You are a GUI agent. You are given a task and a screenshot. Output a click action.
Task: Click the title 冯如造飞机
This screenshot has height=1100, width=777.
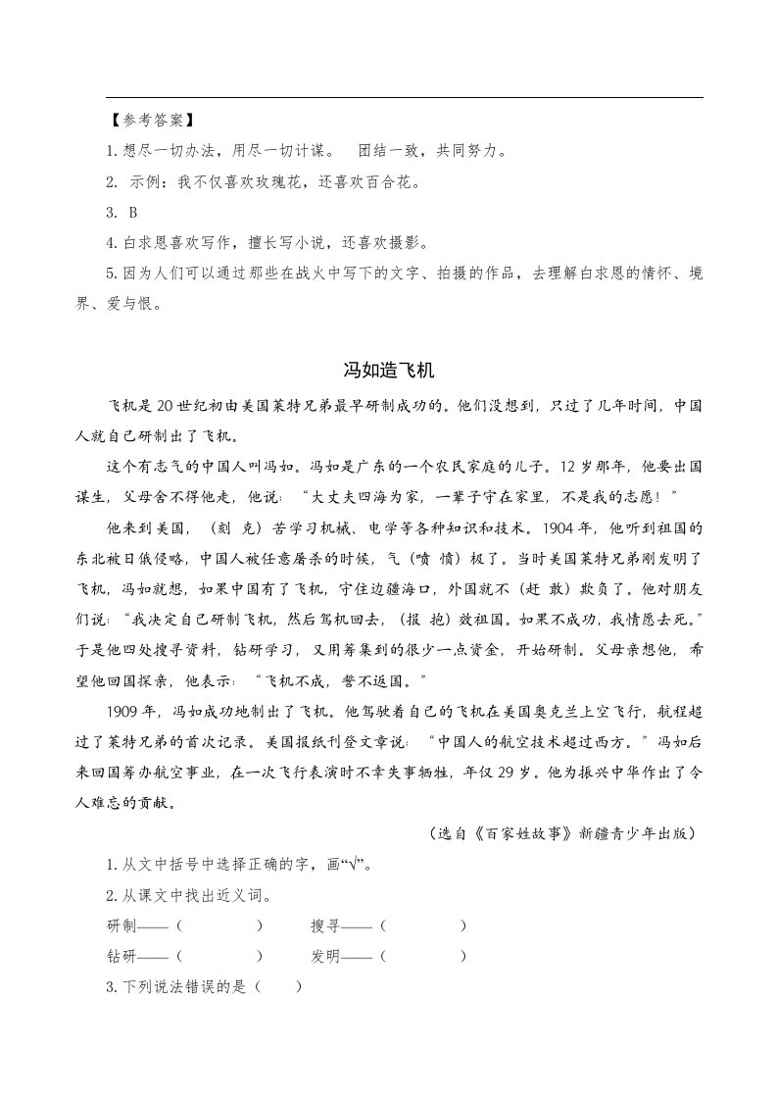click(388, 371)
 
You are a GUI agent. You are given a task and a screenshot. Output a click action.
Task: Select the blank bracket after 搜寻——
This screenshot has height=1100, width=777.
click(422, 925)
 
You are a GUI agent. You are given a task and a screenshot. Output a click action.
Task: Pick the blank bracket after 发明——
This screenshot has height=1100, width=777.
click(422, 956)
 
